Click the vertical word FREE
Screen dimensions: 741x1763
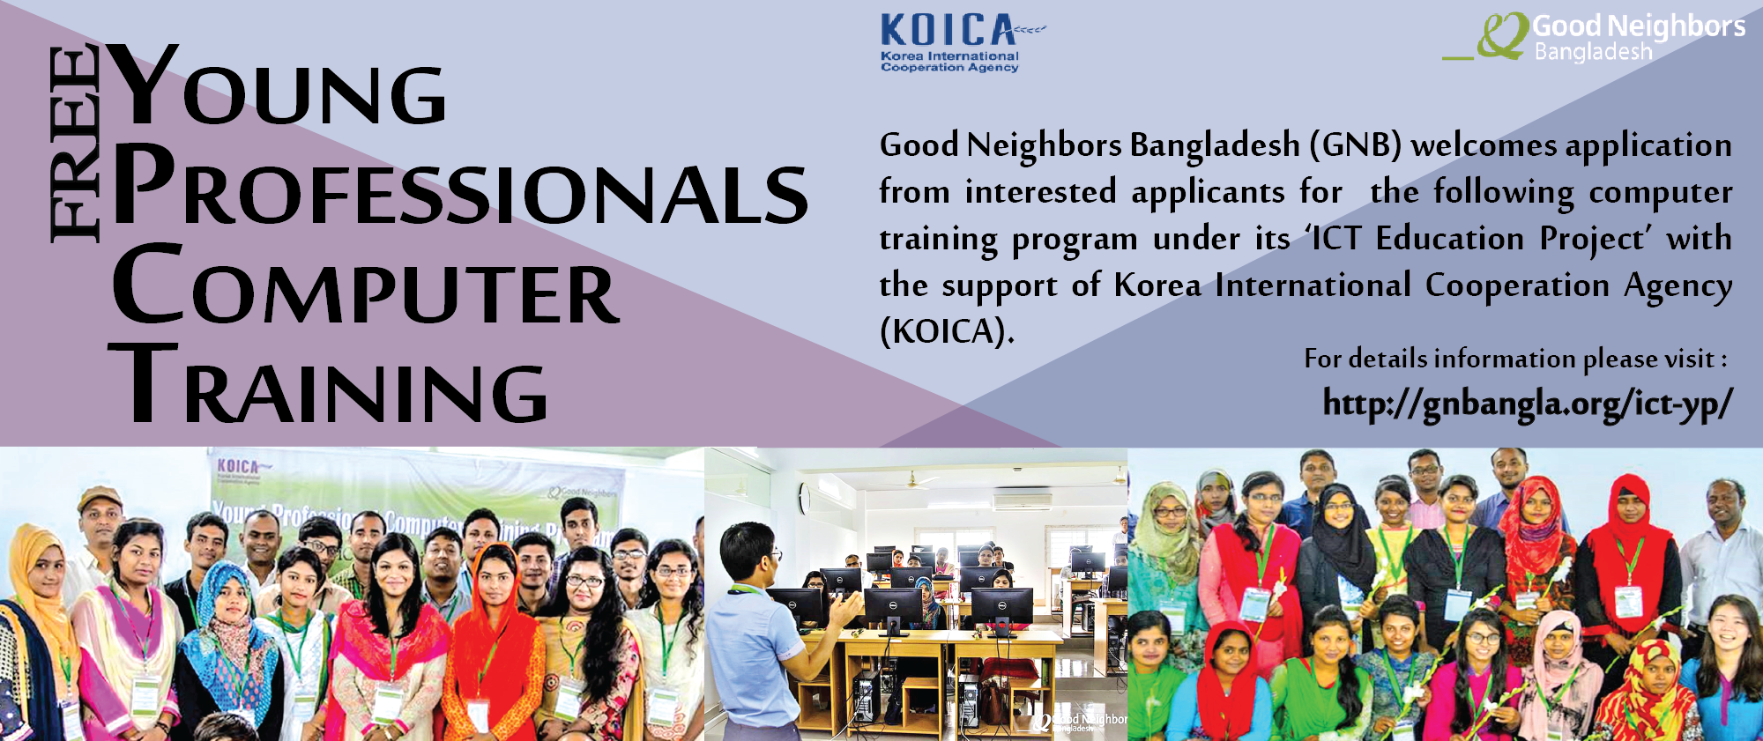[x=74, y=144]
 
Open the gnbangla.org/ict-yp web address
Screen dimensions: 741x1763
[x=1527, y=404]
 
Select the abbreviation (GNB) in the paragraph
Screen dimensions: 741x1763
[x=1355, y=145]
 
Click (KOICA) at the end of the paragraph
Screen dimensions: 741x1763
[x=947, y=332]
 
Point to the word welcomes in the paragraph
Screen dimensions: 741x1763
[x=1484, y=145]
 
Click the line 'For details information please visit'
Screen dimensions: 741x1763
[x=1514, y=359]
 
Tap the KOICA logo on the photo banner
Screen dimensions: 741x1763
[x=239, y=467]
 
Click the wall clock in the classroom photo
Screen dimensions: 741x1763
[x=804, y=499]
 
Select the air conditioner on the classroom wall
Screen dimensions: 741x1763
[x=1022, y=500]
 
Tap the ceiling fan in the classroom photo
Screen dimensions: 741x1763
[x=913, y=480]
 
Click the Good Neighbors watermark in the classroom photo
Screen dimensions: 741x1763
[x=1081, y=722]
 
